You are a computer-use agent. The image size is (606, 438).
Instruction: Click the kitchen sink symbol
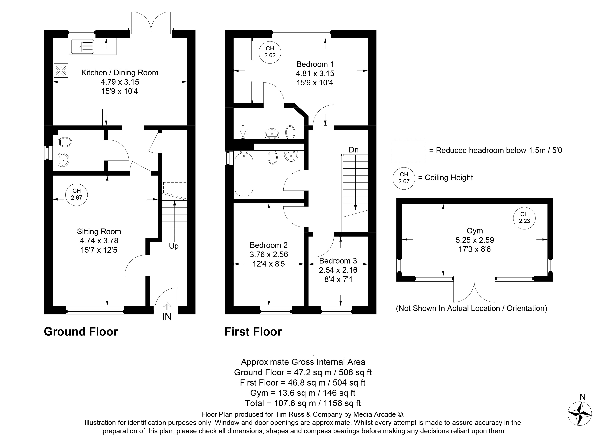(83, 47)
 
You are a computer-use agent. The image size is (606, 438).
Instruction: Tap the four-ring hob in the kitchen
(61, 70)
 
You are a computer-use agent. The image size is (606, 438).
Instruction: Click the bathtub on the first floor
(244, 174)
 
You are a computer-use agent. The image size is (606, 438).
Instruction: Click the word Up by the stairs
(174, 246)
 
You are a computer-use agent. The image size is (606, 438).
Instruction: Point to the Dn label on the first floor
(354, 150)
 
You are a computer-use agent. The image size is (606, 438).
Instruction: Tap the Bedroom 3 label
(338, 261)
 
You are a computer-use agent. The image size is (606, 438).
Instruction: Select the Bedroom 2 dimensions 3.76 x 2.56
(269, 254)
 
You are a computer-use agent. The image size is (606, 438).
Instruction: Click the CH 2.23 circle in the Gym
(524, 218)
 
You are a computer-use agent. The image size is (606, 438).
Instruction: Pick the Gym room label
(475, 231)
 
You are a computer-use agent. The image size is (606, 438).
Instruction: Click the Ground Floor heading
(81, 332)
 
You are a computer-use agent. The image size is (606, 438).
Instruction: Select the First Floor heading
(253, 332)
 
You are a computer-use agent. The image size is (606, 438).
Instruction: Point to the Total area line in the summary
(303, 403)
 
